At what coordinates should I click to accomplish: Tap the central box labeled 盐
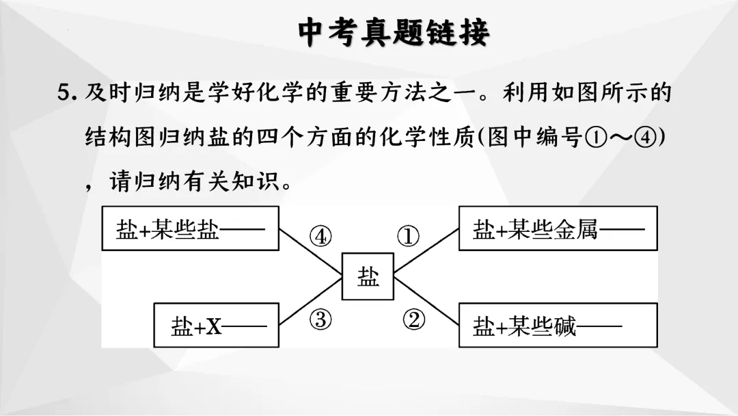click(368, 276)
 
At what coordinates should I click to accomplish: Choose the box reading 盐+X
click(217, 325)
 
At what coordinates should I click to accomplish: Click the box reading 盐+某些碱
click(558, 325)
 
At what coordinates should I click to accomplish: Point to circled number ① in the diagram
click(408, 236)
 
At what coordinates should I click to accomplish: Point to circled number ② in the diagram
click(413, 319)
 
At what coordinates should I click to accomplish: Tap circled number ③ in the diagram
click(320, 319)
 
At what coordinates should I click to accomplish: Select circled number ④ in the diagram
click(320, 236)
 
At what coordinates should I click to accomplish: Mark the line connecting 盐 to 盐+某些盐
click(310, 252)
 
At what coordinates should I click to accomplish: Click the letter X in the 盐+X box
click(214, 326)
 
